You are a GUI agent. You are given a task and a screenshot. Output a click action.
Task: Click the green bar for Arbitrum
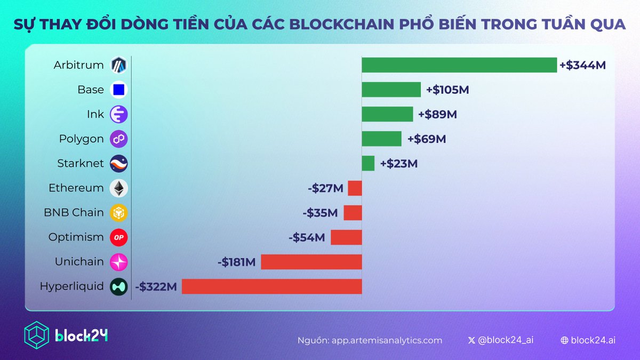click(459, 65)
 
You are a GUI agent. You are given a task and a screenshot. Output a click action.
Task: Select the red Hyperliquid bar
click(271, 286)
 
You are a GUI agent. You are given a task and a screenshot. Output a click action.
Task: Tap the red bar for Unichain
click(311, 262)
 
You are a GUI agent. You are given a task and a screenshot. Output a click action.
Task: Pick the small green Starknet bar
click(368, 163)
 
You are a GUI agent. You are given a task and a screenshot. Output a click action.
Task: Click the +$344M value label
click(582, 66)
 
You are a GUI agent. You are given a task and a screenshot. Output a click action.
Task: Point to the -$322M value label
click(156, 286)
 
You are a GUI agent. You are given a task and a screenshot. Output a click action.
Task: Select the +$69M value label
click(426, 139)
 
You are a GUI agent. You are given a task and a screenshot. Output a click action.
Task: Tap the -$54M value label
click(307, 237)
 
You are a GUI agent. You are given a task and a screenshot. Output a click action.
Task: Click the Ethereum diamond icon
click(118, 188)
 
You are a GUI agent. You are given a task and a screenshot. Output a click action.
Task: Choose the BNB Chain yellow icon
click(118, 213)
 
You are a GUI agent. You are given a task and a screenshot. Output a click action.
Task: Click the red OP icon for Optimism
click(118, 237)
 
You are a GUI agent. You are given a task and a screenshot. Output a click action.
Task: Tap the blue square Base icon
click(118, 90)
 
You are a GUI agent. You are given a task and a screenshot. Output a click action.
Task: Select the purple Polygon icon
click(118, 139)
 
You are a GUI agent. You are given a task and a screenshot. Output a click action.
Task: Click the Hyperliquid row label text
click(71, 286)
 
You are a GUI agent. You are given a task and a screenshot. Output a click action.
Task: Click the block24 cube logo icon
click(37, 335)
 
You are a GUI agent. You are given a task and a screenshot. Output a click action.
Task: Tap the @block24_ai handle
click(505, 340)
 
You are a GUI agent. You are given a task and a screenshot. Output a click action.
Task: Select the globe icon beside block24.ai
click(564, 340)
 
